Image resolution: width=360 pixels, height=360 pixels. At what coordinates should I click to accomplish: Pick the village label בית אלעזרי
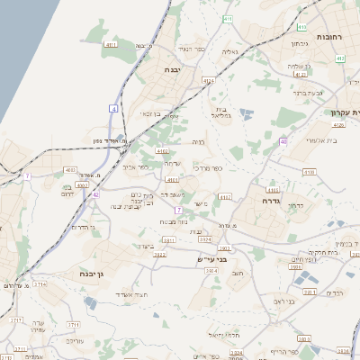320,139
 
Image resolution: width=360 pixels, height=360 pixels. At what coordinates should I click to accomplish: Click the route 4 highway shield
114,108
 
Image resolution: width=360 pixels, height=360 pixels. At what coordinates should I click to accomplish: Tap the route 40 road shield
283,141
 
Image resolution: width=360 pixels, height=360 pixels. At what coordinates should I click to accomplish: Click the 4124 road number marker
209,81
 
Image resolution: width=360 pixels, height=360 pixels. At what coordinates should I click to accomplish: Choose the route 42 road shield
95,193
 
